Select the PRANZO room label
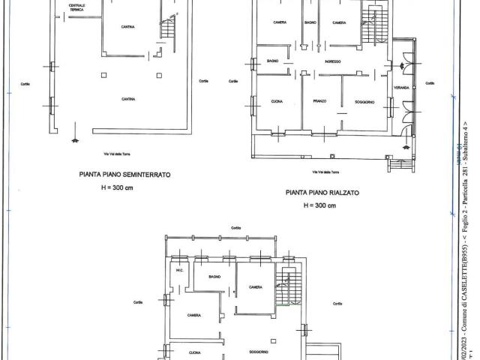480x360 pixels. [319, 100]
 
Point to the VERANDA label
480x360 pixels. [402, 88]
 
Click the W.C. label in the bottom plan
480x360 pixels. [179, 271]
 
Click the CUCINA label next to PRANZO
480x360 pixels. [276, 100]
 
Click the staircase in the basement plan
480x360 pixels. [168, 28]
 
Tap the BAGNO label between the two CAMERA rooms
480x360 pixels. [310, 22]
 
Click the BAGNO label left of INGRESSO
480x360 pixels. [273, 61]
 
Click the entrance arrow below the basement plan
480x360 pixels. [73, 139]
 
